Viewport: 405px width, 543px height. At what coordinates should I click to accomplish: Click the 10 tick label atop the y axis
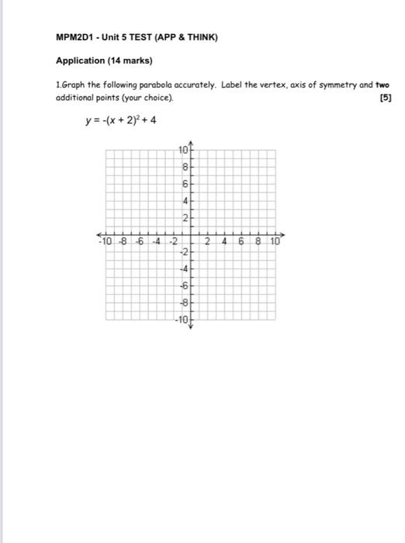183,150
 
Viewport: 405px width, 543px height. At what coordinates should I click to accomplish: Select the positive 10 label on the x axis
275,242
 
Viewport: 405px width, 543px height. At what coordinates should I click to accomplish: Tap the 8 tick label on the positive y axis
185,167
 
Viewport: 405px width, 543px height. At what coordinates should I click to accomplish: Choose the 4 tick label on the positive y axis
185,200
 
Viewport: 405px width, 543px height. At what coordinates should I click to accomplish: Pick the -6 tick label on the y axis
184,286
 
